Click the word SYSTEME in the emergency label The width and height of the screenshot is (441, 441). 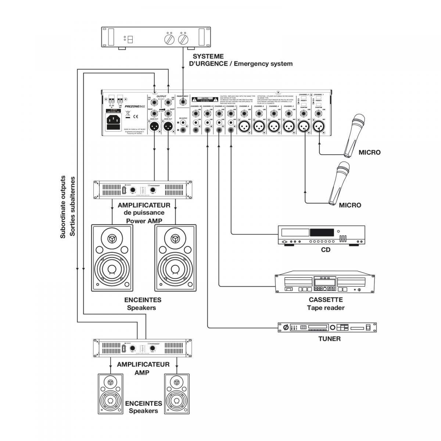[208, 56]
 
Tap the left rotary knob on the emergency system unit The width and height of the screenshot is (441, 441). [170, 39]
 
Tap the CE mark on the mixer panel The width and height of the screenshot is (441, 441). [135, 117]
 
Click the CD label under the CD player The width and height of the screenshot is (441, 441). [325, 250]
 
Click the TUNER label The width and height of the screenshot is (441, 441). [329, 339]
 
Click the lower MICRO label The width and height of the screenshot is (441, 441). [350, 205]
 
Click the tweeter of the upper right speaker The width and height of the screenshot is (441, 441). [175, 239]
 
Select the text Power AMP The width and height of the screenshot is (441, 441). [145, 221]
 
